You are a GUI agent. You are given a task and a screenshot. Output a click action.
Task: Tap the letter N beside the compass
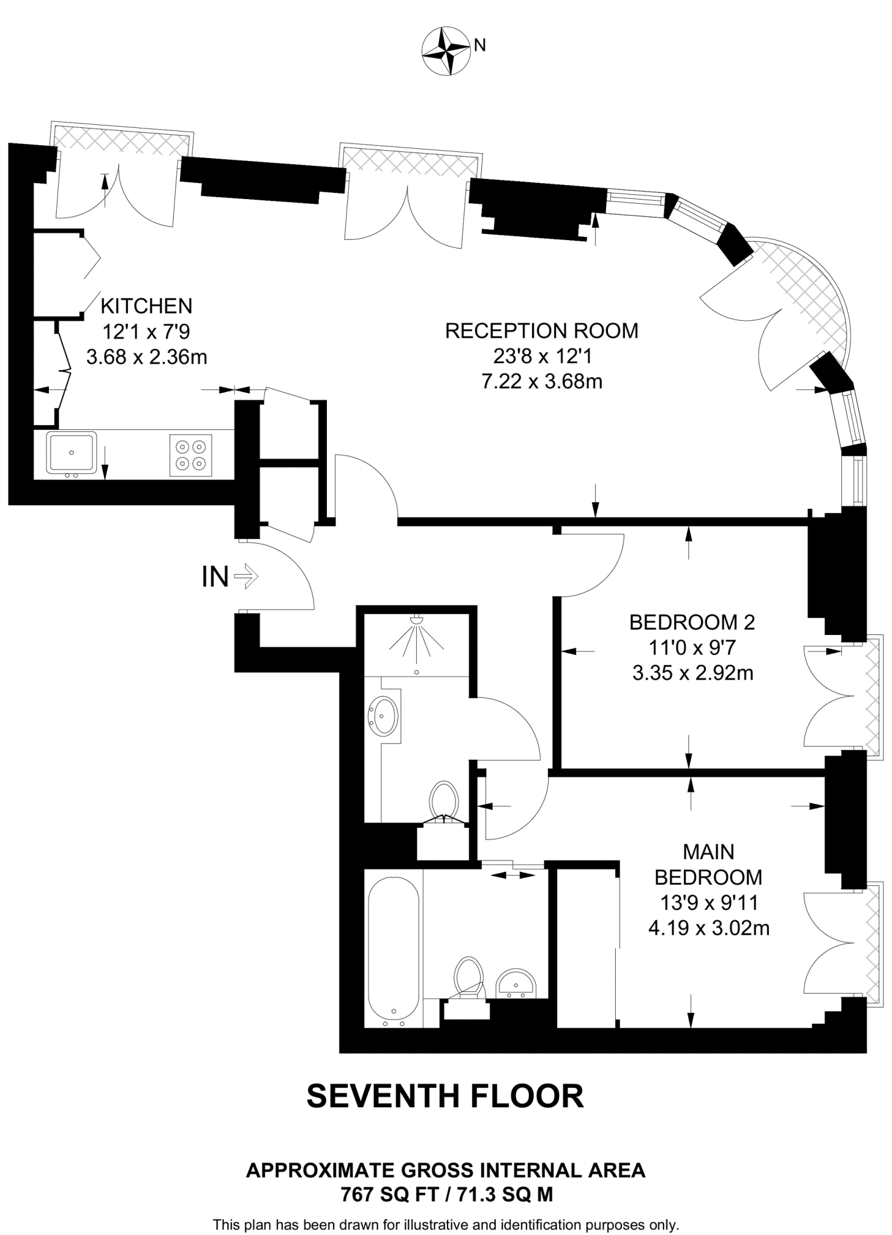tap(479, 46)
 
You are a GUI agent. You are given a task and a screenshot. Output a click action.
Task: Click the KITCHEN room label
tap(147, 306)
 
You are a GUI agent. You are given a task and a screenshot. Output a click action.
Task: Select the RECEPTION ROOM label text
tap(541, 331)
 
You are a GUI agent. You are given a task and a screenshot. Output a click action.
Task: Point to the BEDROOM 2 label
tap(692, 622)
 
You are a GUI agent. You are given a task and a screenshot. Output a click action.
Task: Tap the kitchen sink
tap(72, 452)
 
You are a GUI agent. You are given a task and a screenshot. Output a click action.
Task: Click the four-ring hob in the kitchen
tap(191, 455)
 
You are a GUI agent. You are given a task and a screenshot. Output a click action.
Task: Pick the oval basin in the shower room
tap(384, 716)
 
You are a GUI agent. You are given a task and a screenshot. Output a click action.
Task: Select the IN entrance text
tap(215, 578)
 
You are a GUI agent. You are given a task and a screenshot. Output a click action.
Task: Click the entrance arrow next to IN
tap(246, 578)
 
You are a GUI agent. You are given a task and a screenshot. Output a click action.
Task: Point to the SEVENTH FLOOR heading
tap(445, 1096)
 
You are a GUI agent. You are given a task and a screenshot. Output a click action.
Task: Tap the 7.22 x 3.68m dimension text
tap(542, 382)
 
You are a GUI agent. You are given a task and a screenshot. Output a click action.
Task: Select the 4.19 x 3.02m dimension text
tap(709, 928)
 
